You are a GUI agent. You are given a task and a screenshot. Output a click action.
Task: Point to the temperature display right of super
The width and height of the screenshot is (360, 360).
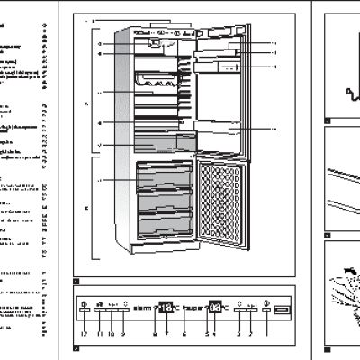point(217,307)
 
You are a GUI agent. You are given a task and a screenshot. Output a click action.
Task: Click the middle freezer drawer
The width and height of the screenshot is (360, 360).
point(163,197)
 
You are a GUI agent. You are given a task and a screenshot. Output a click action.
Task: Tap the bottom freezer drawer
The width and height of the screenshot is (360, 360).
point(163,221)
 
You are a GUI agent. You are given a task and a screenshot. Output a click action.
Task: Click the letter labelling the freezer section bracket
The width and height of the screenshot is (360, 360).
point(86,209)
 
